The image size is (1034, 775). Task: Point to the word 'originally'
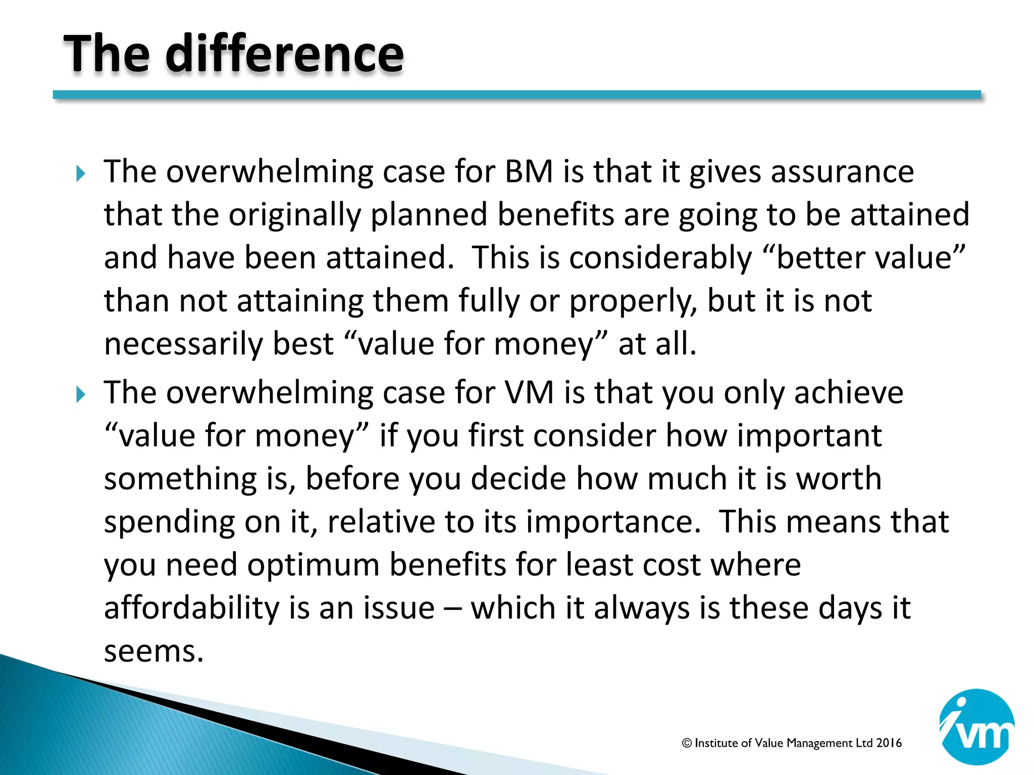(295, 215)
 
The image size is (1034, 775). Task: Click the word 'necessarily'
(183, 344)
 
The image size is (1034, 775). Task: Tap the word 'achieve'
(848, 392)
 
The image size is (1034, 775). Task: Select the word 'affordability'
(191, 607)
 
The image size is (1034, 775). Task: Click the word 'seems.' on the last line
(153, 651)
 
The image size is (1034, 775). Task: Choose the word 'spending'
(169, 522)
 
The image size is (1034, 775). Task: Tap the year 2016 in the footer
(889, 743)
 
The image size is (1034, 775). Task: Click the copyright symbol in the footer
(687, 743)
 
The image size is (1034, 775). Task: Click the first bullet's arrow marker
(81, 174)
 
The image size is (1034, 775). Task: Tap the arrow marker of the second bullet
(81, 394)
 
